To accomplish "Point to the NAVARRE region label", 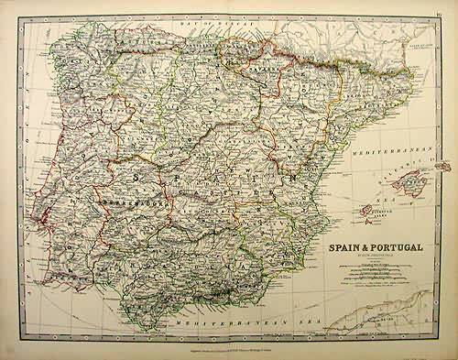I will [x=261, y=68].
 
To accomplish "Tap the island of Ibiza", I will [x=359, y=208].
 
